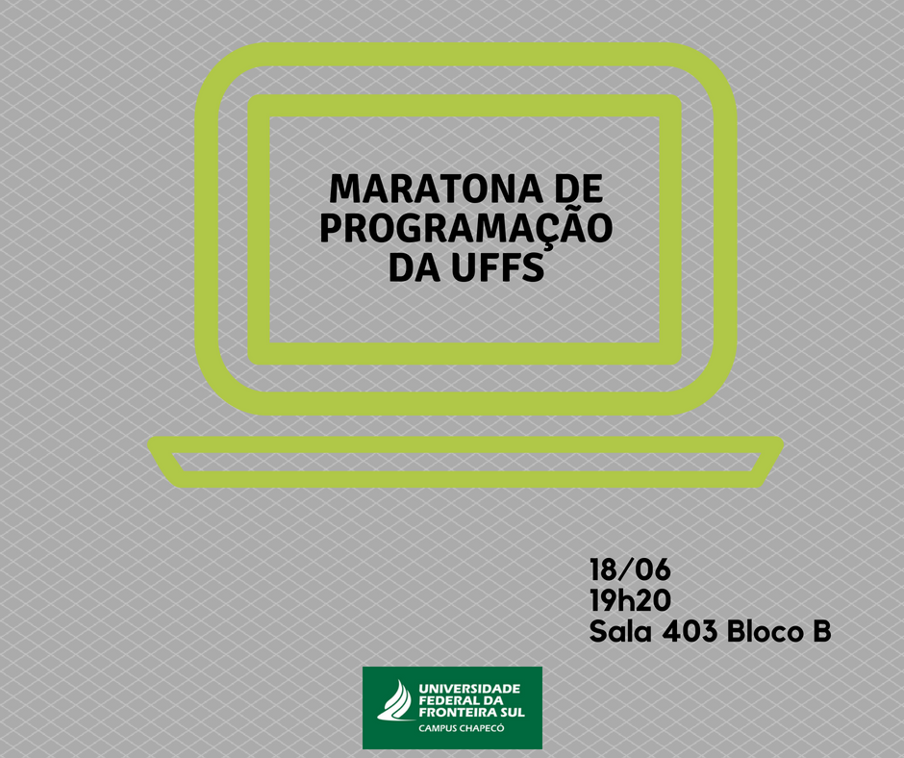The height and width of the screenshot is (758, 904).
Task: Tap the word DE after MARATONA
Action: pyautogui.click(x=578, y=189)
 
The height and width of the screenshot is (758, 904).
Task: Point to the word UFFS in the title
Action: pyautogui.click(x=497, y=266)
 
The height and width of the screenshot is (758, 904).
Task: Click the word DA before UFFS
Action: pyautogui.click(x=414, y=266)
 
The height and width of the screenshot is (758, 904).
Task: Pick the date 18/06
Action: pyautogui.click(x=630, y=569)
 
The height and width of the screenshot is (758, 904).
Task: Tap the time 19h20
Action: pyautogui.click(x=630, y=600)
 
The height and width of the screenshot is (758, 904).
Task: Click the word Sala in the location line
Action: pyautogui.click(x=620, y=631)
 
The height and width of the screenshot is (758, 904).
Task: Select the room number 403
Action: pyautogui.click(x=690, y=631)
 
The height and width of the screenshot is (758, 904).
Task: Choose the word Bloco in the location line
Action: pyautogui.click(x=766, y=631)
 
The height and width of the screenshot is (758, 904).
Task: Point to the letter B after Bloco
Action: pyautogui.click(x=822, y=631)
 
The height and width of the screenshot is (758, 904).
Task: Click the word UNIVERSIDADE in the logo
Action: pyautogui.click(x=469, y=688)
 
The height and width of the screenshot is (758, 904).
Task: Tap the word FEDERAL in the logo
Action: pyautogui.click(x=449, y=700)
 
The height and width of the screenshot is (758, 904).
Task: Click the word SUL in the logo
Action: pyautogui.click(x=512, y=713)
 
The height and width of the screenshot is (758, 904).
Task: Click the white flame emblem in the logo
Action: pyautogui.click(x=396, y=700)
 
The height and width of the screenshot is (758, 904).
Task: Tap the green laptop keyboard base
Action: pyautogui.click(x=465, y=462)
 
